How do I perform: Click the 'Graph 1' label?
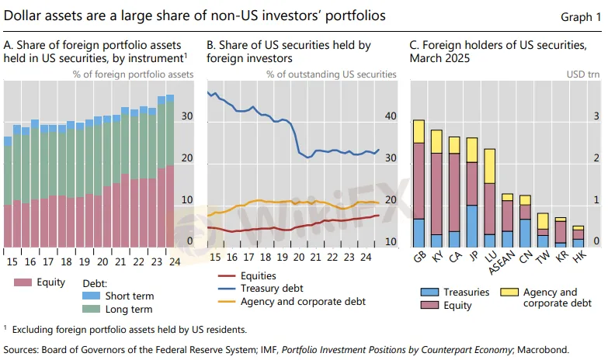580,16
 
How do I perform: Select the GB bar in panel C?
419,183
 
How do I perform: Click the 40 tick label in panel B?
390,116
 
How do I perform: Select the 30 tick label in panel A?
187,116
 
